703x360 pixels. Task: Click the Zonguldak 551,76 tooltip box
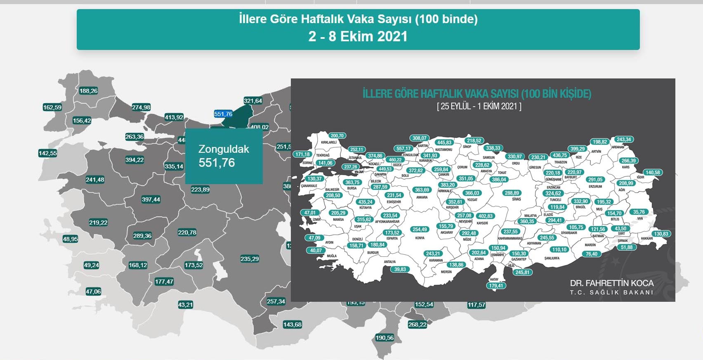[224, 156]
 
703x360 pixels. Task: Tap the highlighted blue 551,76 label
[223, 114]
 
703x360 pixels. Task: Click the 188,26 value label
[88, 91]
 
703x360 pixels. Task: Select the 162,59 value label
[52, 107]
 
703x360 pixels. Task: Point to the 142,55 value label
[48, 153]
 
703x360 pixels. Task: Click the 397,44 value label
[151, 199]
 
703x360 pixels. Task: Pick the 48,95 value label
[71, 239]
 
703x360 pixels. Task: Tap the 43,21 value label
[185, 305]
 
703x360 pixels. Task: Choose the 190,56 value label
[385, 338]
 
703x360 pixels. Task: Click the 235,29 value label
[250, 259]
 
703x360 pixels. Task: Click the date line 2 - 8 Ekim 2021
[358, 36]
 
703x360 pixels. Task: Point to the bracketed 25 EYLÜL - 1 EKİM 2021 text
[479, 106]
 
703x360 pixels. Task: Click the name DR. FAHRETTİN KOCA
[611, 283]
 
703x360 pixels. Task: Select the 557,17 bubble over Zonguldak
[403, 149]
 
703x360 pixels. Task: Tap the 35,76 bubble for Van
[639, 212]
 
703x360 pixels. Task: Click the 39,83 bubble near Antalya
[400, 269]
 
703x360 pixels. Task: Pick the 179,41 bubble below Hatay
[496, 286]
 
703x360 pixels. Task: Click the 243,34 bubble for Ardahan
[624, 140]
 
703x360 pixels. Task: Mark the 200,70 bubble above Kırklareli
[337, 135]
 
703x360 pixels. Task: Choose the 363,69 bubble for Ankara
[422, 190]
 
